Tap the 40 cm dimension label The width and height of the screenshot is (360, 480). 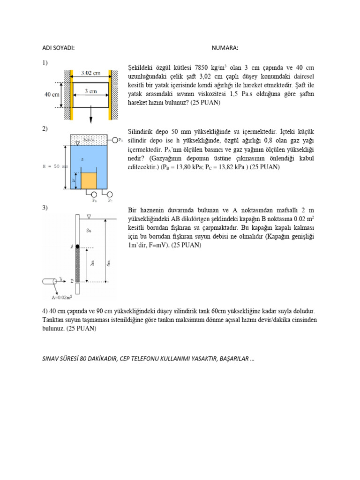point(52,94)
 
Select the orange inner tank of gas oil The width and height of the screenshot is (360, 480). point(89,180)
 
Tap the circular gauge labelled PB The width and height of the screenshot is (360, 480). point(94,195)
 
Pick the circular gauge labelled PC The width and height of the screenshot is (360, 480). point(110,195)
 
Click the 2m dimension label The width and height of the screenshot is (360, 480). point(93,264)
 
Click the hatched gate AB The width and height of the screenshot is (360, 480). point(77,264)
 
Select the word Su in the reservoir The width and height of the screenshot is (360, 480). point(89,230)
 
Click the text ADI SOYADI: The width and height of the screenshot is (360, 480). point(59,48)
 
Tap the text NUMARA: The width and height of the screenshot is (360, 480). point(225,48)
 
